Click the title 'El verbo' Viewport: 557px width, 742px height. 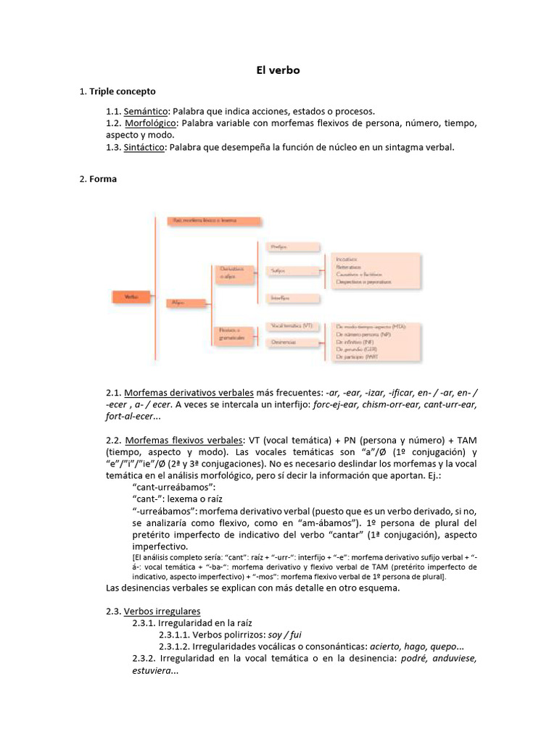tap(278, 70)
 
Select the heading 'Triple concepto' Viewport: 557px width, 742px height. tap(122, 91)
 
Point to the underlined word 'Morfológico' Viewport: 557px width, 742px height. tap(150, 123)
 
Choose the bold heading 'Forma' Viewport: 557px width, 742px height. tap(103, 178)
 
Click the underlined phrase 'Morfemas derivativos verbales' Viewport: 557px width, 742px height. tap(185, 392)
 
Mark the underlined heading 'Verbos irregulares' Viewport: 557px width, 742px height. tap(162, 611)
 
